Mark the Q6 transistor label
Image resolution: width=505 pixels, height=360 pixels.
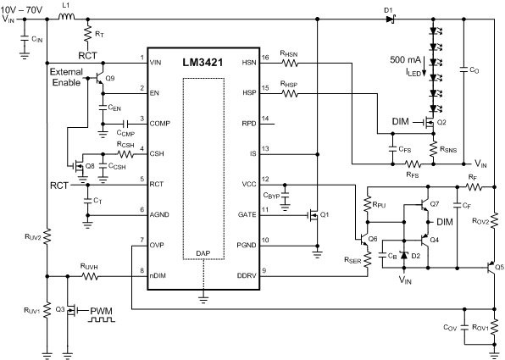pyautogui.click(x=371, y=240)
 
